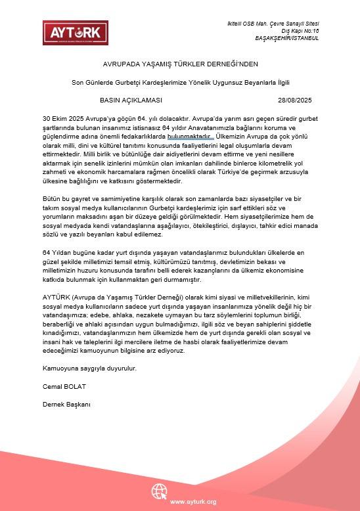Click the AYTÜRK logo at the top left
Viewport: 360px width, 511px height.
(x=70, y=33)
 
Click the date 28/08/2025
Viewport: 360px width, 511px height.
(x=295, y=100)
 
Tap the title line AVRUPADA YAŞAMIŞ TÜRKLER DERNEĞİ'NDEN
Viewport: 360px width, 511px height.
(x=180, y=64)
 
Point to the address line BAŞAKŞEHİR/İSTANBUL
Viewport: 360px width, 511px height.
(x=287, y=38)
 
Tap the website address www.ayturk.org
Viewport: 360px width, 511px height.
(x=193, y=502)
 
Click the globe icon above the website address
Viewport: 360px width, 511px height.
(x=160, y=491)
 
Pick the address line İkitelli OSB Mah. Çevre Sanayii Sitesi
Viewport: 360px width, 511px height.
(x=272, y=24)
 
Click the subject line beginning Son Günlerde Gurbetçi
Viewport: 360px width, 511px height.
(x=180, y=82)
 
